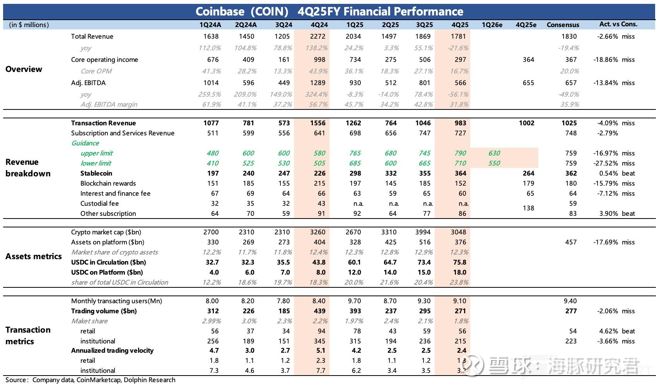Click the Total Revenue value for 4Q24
pyautogui.click(x=319, y=36)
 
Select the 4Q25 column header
pyautogui.click(x=460, y=25)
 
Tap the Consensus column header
pyautogui.click(x=563, y=25)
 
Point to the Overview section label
pyautogui.click(x=24, y=69)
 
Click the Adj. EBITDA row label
pyautogui.click(x=88, y=83)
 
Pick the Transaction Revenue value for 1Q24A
pyautogui.click(x=211, y=123)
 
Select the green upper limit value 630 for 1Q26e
pyautogui.click(x=494, y=153)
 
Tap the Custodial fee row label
pyautogui.click(x=99, y=203)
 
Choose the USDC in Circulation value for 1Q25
pyautogui.click(x=354, y=262)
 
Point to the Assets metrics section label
pyautogui.click(x=34, y=256)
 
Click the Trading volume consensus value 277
pyautogui.click(x=571, y=311)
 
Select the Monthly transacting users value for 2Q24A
pyautogui.click(x=248, y=301)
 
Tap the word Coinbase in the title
pyautogui.click(x=220, y=12)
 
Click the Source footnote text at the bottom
pyautogui.click(x=90, y=380)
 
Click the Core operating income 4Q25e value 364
pyautogui.click(x=528, y=60)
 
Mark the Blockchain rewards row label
pyautogui.click(x=108, y=183)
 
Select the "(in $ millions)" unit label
pyautogui.click(x=29, y=25)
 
